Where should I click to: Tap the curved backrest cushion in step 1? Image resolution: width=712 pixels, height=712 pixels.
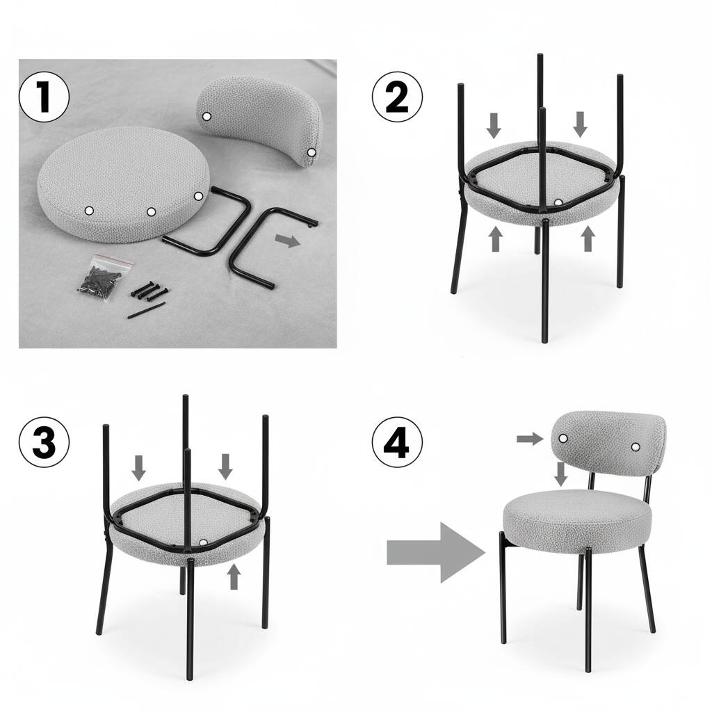coord(264,118)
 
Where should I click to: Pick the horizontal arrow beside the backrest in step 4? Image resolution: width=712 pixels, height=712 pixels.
coord(531,438)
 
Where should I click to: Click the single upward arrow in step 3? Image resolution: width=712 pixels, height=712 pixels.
coord(234,576)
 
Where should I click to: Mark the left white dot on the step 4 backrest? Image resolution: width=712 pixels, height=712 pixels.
coord(563,438)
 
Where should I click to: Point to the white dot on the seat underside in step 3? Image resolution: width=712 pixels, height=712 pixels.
coord(202,542)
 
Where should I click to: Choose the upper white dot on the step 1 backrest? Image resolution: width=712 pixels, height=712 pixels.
coord(206,116)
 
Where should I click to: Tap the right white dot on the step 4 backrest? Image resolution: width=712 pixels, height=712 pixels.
coord(636,446)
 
